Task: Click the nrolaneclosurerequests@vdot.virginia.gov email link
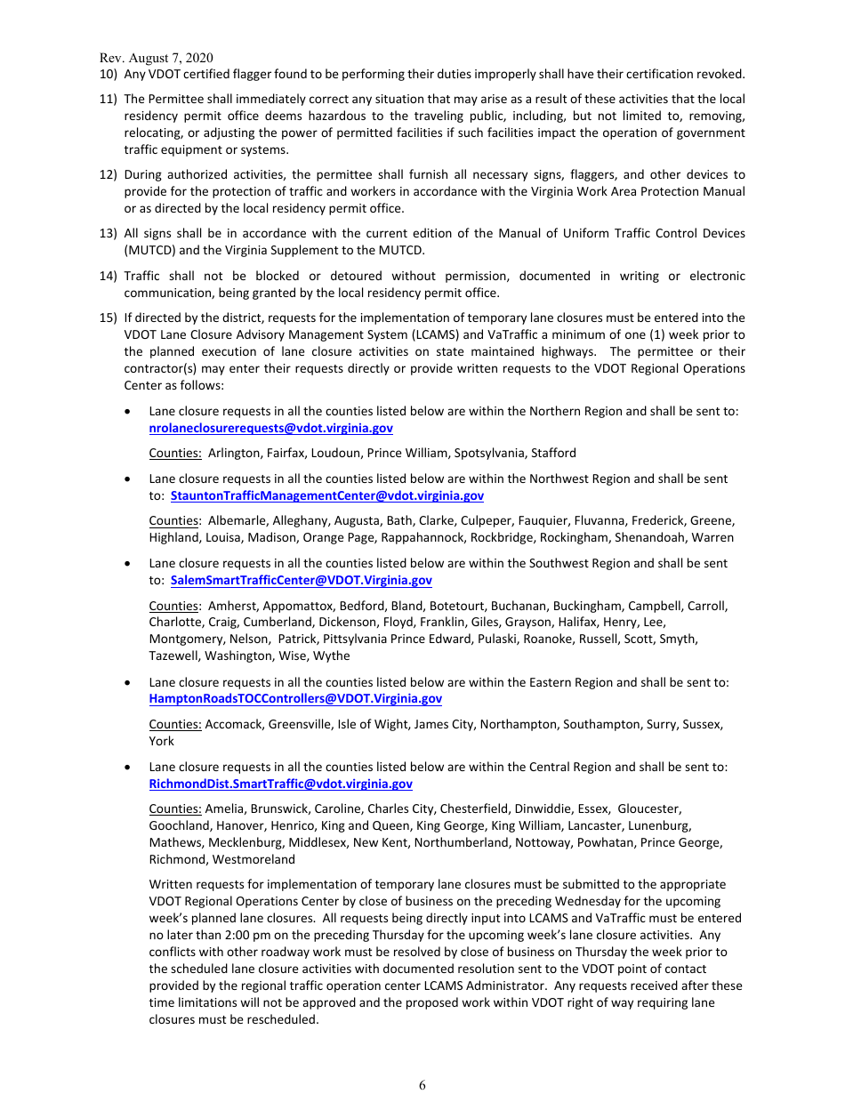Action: [270, 428]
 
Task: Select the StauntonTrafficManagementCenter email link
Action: [326, 495]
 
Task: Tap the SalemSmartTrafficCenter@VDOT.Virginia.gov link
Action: [301, 580]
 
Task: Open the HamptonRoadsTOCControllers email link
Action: [295, 699]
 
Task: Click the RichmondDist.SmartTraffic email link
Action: [280, 784]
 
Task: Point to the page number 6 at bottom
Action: [422, 1084]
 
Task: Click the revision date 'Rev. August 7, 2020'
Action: [156, 57]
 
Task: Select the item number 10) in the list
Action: [108, 74]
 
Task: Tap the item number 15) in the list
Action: [108, 318]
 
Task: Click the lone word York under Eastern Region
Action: [162, 741]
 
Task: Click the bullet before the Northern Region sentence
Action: [130, 412]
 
